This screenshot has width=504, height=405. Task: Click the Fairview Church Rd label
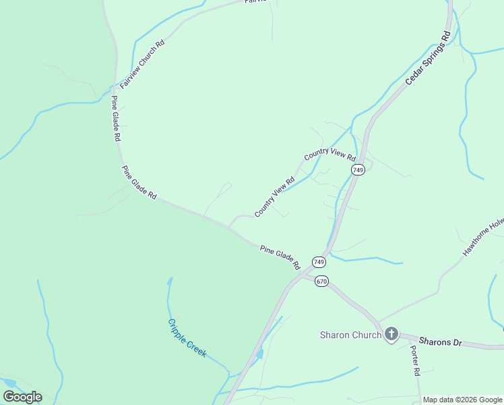[142, 65]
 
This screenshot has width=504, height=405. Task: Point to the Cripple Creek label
[187, 337]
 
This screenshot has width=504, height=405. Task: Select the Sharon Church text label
[350, 335]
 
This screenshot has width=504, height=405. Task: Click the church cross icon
[391, 334]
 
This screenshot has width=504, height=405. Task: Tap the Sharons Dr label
[440, 342]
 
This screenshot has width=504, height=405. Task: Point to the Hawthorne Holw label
[483, 237]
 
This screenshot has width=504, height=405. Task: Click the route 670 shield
[321, 281]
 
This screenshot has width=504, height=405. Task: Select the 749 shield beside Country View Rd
[358, 170]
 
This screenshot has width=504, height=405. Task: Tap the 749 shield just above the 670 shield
[319, 261]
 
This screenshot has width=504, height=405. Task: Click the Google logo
[22, 397]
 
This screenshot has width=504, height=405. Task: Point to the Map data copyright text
[463, 400]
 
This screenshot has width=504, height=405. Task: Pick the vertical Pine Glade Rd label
[116, 119]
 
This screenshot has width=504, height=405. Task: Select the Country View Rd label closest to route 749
[329, 155]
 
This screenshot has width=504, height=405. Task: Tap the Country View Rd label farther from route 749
[275, 197]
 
